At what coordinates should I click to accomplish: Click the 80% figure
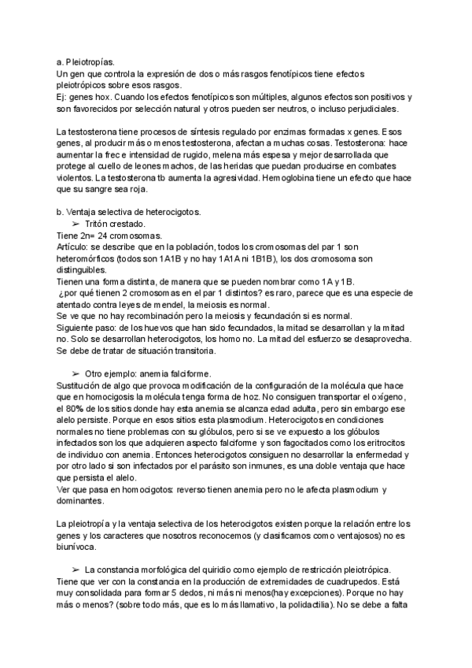click(70, 411)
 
